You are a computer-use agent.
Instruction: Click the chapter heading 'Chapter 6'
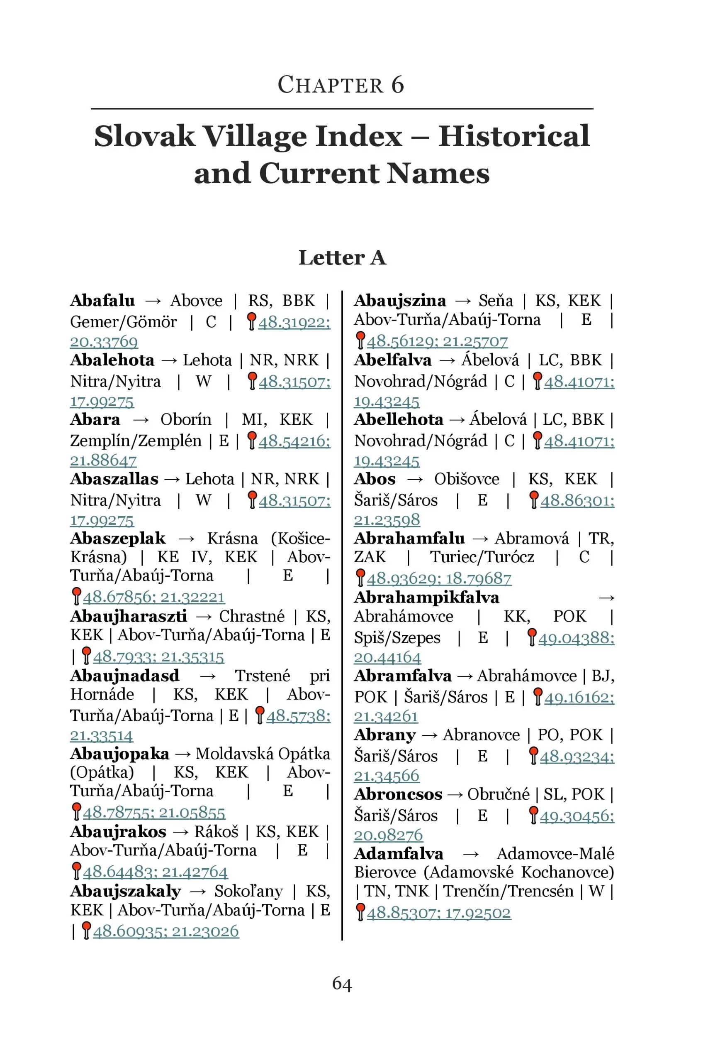pyautogui.click(x=341, y=85)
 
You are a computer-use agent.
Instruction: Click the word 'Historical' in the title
pyautogui.click(x=513, y=136)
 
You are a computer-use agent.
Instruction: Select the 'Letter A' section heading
pyautogui.click(x=342, y=257)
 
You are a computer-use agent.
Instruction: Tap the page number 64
pyautogui.click(x=342, y=983)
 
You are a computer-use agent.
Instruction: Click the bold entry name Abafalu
pyautogui.click(x=102, y=301)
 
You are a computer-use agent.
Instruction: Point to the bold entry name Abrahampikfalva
pyautogui.click(x=427, y=598)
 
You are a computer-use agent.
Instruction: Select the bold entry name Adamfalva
pyautogui.click(x=399, y=854)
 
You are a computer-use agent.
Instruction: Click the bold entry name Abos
pyautogui.click(x=375, y=479)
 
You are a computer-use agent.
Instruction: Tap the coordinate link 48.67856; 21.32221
pyautogui.click(x=153, y=598)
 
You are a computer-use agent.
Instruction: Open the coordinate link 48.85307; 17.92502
pyautogui.click(x=438, y=913)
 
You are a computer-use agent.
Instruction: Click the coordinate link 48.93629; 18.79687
pyautogui.click(x=439, y=578)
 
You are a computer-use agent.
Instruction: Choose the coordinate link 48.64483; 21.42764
pyautogui.click(x=155, y=872)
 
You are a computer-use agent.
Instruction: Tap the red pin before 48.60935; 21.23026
pyautogui.click(x=86, y=931)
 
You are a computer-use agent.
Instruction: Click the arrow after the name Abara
pyautogui.click(x=141, y=420)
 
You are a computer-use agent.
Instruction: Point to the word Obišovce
pyautogui.click(x=467, y=479)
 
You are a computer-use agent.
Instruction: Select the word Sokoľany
pyautogui.click(x=248, y=891)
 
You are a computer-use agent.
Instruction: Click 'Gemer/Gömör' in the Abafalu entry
pyautogui.click(x=123, y=322)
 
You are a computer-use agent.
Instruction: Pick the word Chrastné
pyautogui.click(x=251, y=616)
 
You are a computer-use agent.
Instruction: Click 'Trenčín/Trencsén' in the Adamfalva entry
pyautogui.click(x=508, y=891)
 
